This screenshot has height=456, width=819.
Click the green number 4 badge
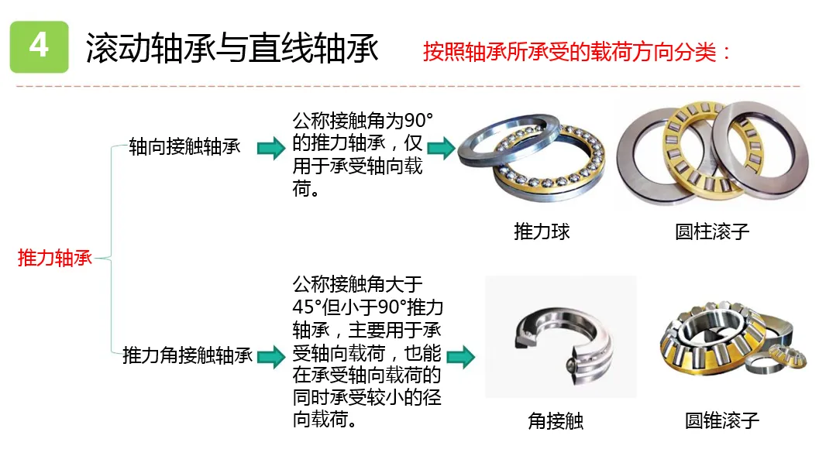pyautogui.click(x=39, y=46)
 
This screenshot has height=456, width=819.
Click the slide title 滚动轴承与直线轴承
pyautogui.click(x=232, y=48)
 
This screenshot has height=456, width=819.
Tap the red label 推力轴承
pyautogui.click(x=54, y=258)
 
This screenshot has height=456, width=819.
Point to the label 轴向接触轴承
pyautogui.click(x=184, y=147)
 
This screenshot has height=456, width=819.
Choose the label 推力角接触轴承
pyautogui.click(x=188, y=356)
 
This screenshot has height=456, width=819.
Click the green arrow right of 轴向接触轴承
pyautogui.click(x=271, y=147)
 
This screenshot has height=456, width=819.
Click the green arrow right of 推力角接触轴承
pyautogui.click(x=271, y=357)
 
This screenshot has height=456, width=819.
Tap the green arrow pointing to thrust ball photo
pyautogui.click(x=441, y=147)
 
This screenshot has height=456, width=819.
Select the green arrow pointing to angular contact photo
pyautogui.click(x=460, y=357)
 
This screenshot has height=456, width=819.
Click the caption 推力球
pyautogui.click(x=542, y=231)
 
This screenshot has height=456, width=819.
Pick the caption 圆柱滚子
pyautogui.click(x=712, y=231)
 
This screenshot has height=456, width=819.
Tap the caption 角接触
pyautogui.click(x=556, y=420)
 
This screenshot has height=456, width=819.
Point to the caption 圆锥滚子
pyautogui.click(x=722, y=420)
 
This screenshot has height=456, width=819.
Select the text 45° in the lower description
pyautogui.click(x=307, y=304)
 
